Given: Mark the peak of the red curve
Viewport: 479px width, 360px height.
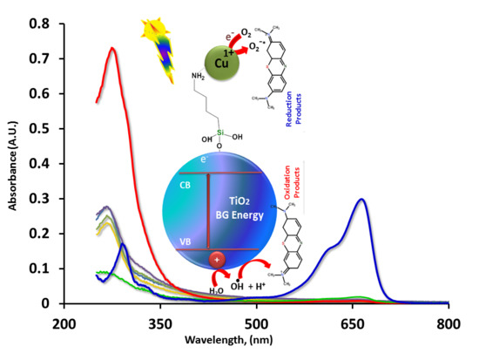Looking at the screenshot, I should (x=112, y=49).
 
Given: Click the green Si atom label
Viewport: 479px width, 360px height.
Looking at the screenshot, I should (x=203, y=135).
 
